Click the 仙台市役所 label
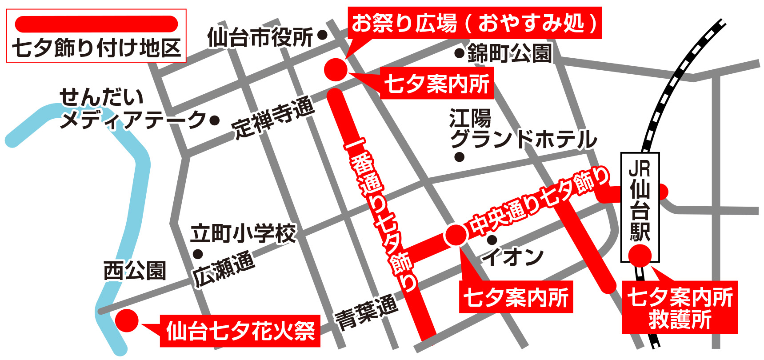tap(260, 37)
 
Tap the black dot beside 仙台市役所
tap(323, 34)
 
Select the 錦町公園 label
tap(509, 54)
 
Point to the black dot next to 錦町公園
tap(459, 54)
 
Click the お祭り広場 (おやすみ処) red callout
tap(474, 23)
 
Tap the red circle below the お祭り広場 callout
tap(336, 69)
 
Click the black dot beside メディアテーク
tap(215, 120)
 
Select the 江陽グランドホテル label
tap(522, 129)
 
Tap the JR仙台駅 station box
tap(640, 207)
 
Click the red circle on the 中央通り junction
tap(456, 235)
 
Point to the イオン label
tap(513, 257)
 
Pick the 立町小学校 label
tap(243, 234)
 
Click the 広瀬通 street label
tap(224, 269)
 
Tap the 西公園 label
tap(135, 271)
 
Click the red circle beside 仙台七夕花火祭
tap(127, 320)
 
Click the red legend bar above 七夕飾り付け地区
tap(96, 24)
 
